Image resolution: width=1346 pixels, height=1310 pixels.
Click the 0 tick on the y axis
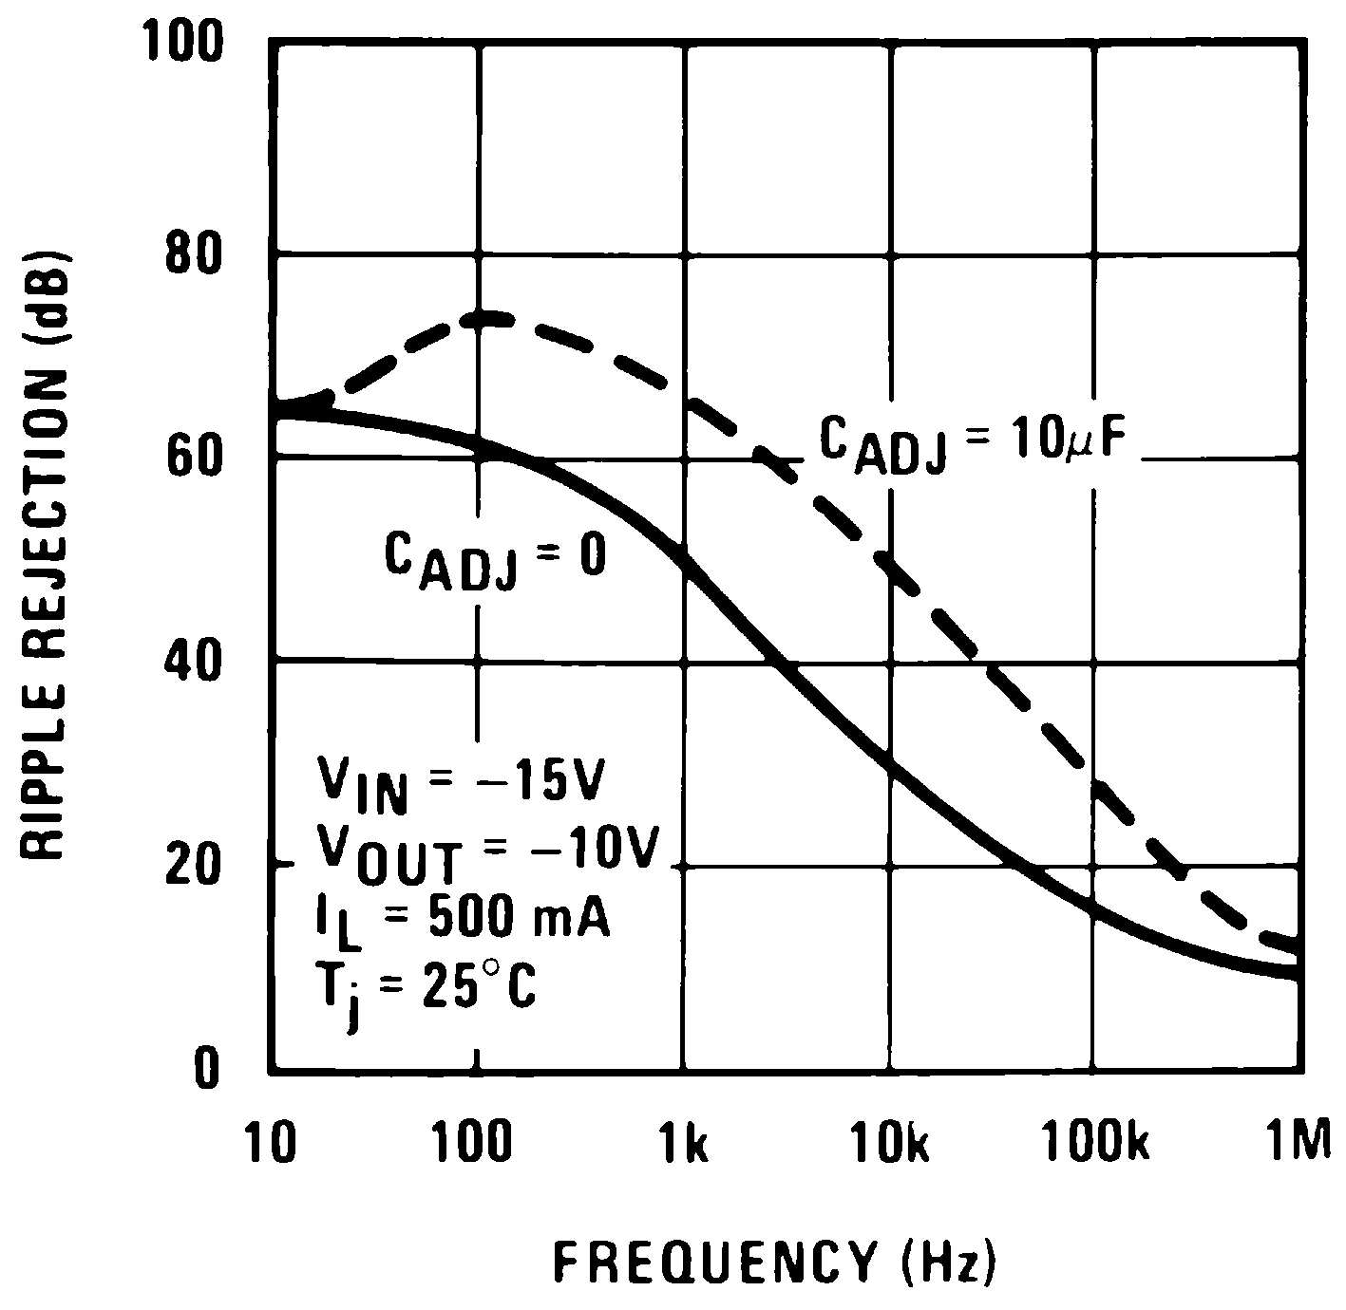tap(207, 1070)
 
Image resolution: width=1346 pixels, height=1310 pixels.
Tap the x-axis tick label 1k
tap(684, 1145)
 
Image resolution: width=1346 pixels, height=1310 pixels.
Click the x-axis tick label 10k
tap(890, 1145)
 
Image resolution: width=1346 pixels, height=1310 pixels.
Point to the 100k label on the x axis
tap(1097, 1145)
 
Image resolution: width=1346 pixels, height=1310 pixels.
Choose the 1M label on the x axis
tap(1299, 1145)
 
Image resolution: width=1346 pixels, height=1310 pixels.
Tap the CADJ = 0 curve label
tap(494, 560)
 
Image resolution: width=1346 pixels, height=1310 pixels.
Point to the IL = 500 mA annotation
tap(462, 922)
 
